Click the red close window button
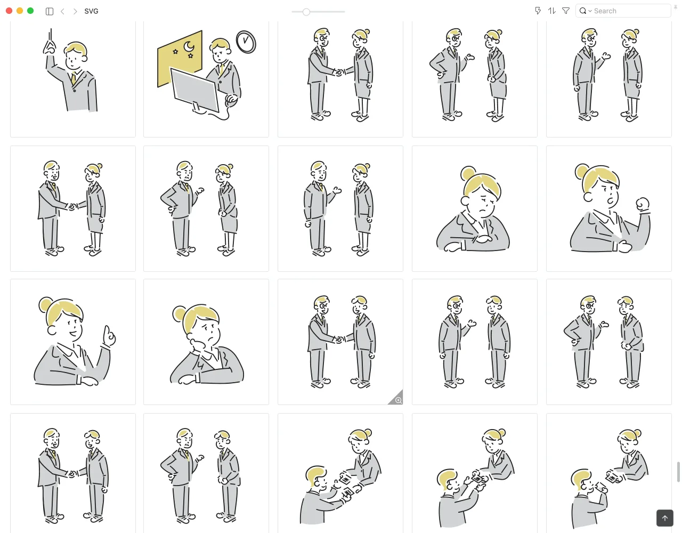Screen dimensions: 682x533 (9, 11)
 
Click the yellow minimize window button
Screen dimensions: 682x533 (20, 11)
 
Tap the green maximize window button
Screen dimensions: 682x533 (30, 11)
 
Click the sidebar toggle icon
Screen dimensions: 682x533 (49, 11)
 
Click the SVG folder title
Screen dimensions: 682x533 (91, 11)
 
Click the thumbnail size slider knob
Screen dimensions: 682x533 (306, 12)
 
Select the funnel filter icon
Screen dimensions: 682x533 (565, 11)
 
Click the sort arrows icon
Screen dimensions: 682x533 (552, 11)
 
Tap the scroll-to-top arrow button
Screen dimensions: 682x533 (665, 518)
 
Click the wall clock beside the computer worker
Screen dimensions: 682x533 (246, 42)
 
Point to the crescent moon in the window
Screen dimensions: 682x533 (189, 46)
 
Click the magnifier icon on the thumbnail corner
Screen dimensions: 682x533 (399, 400)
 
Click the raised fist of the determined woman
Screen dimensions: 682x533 (643, 204)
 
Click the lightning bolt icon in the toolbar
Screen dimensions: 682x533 (538, 11)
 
